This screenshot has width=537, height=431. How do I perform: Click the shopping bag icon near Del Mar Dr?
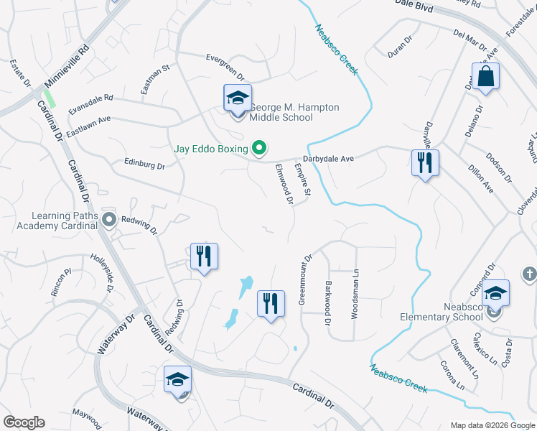click(486, 76)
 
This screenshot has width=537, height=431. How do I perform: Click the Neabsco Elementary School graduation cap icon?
click(495, 293)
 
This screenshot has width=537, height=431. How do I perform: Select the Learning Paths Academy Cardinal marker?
click(109, 218)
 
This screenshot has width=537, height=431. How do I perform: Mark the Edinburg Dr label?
click(144, 164)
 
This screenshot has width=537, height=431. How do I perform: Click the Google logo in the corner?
click(24, 422)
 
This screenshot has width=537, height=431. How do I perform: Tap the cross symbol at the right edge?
click(529, 274)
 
